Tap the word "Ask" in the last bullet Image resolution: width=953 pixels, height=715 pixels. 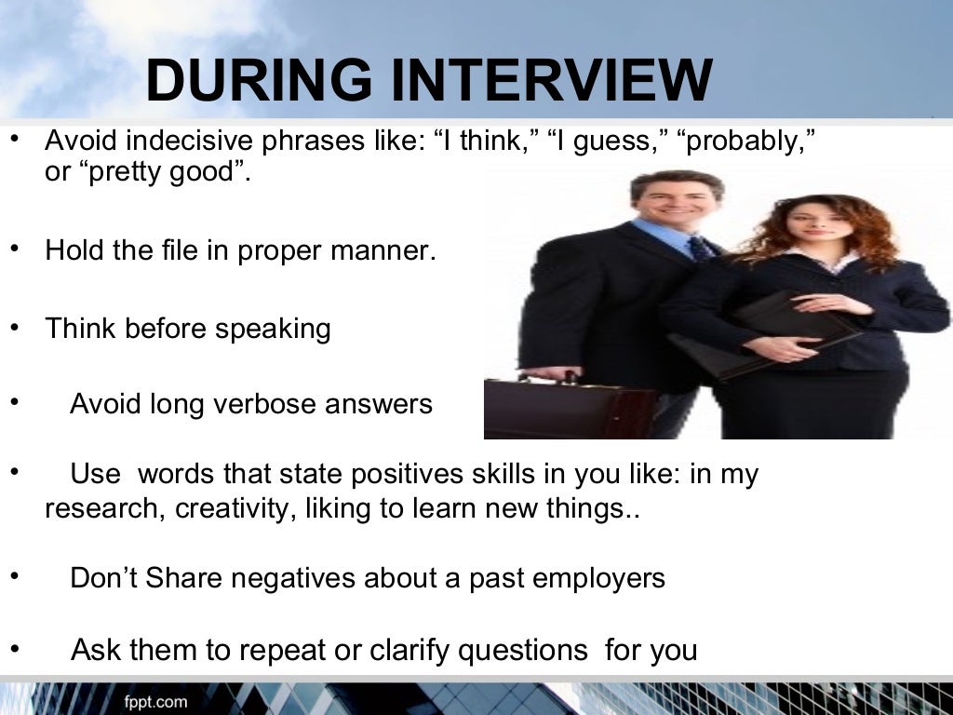[97, 649]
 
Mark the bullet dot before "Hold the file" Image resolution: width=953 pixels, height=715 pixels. [13, 250]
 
